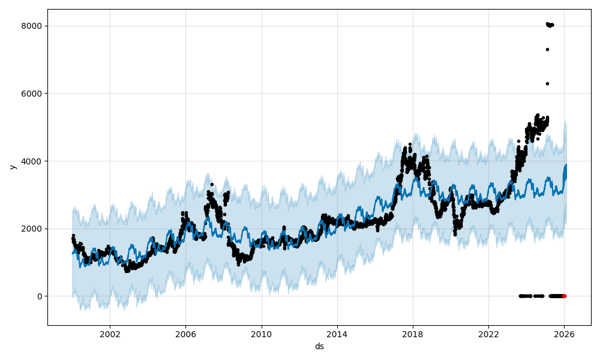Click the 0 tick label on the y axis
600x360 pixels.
[x=39, y=296]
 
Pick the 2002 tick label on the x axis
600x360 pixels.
[x=110, y=335]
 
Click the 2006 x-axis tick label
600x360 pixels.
[x=185, y=335]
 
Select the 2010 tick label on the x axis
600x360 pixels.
[x=261, y=335]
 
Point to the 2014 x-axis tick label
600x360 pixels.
[x=337, y=335]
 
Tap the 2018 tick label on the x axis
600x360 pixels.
[x=413, y=335]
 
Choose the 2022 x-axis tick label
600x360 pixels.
[x=488, y=335]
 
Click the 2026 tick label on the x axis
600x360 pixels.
[x=564, y=335]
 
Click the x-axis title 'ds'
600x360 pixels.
[x=319, y=346]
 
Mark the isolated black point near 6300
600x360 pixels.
[x=547, y=83]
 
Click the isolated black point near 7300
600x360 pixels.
[x=547, y=49]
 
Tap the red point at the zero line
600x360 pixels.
[x=564, y=296]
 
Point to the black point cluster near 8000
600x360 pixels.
[x=550, y=25]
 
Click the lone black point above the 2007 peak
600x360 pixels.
[x=212, y=184]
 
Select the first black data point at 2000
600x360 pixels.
[x=73, y=236]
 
